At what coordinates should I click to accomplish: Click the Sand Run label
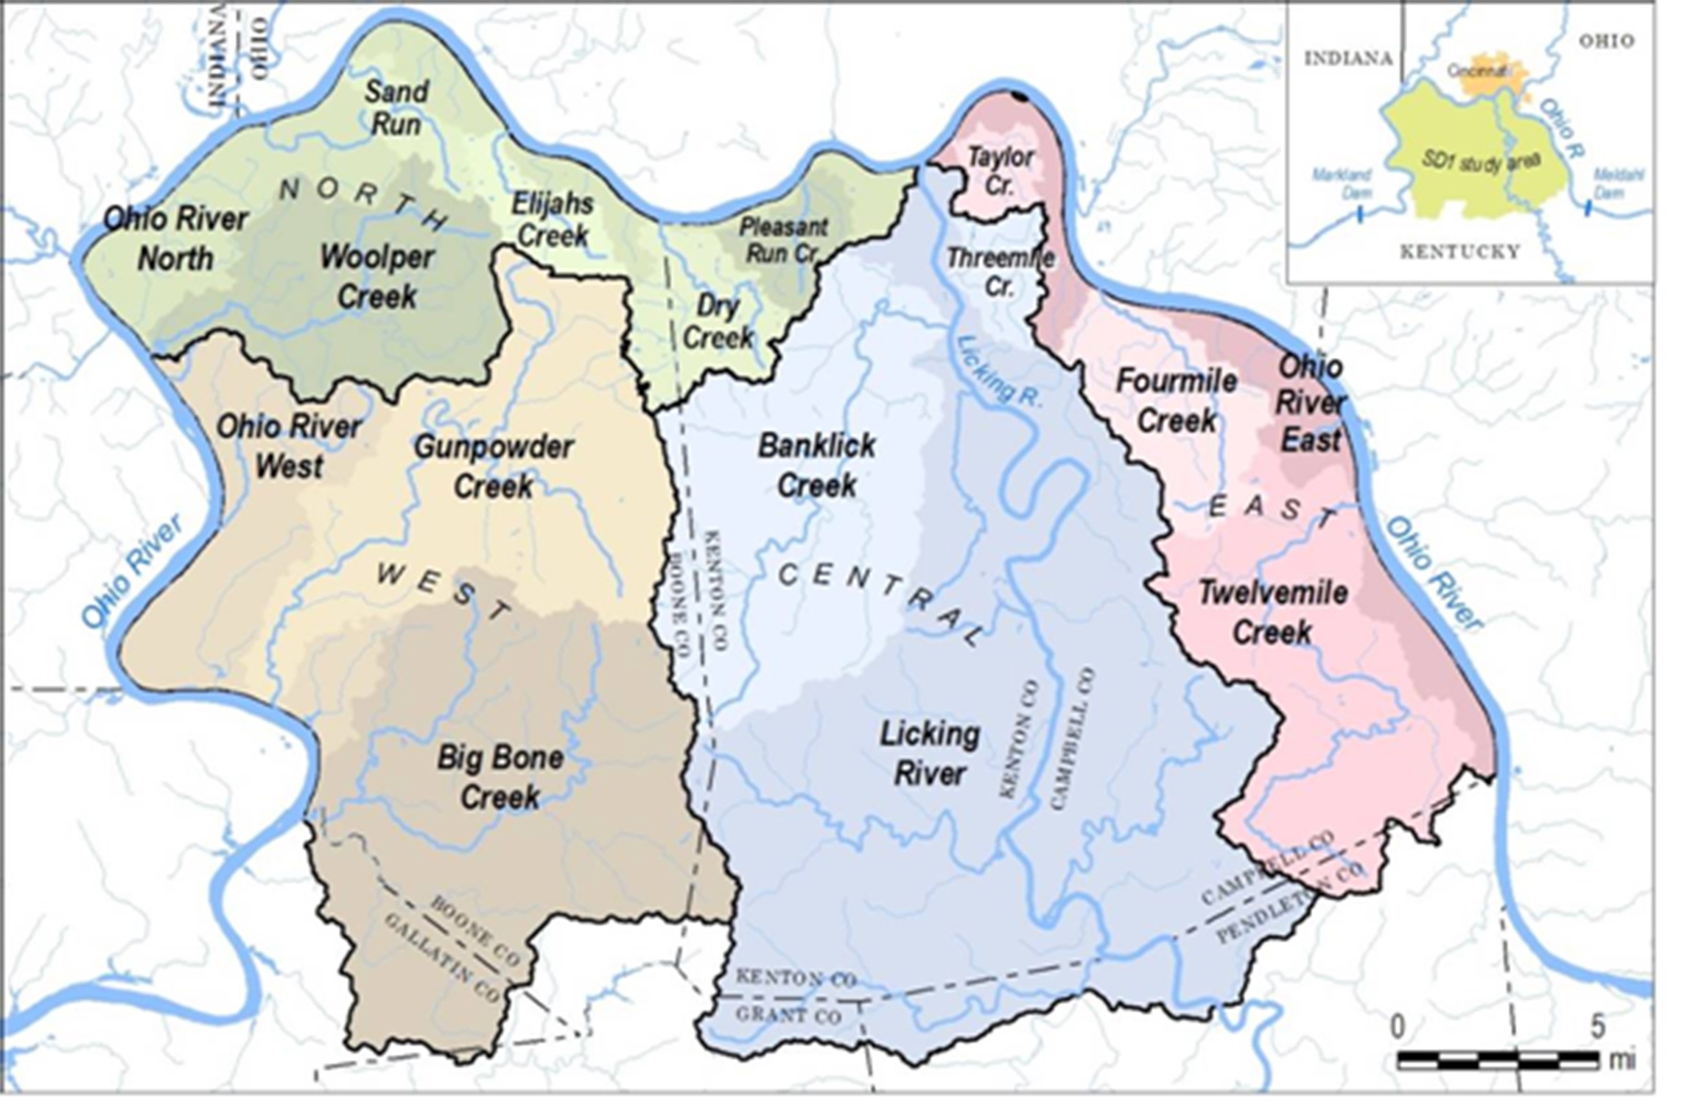pos(397,108)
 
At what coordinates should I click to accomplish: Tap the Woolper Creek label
pos(377,277)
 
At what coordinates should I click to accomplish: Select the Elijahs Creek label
pos(553,220)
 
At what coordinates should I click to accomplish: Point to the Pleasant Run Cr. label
pos(782,240)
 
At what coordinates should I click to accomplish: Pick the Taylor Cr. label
pos(1000,171)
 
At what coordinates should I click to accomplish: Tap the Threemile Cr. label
pos(999,272)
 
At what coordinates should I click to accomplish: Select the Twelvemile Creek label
pos(1272,612)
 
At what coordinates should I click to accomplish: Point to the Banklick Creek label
pos(816,465)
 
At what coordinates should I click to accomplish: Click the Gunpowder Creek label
pos(494,466)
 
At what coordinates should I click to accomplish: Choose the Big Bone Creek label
pos(500,777)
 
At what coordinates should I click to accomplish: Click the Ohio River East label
pos(1310,404)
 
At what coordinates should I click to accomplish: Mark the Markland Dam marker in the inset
pos(1360,216)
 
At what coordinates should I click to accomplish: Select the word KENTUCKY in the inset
pos(1460,252)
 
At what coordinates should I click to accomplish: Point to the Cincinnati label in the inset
pos(1478,70)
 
